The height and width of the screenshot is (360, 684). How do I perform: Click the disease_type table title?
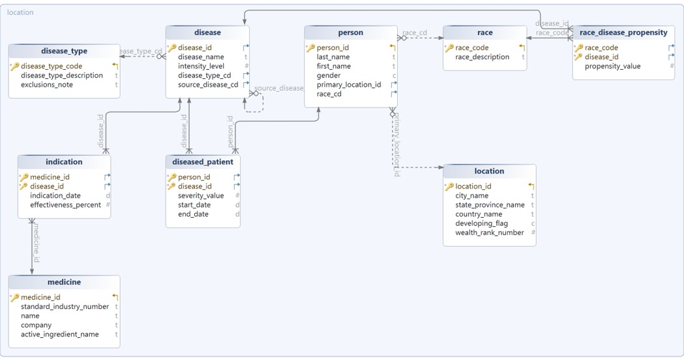[64, 51]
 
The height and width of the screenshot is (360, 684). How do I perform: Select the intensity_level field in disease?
[201, 66]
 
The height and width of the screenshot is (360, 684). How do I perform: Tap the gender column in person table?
[329, 76]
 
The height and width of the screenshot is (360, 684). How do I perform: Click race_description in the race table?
[482, 57]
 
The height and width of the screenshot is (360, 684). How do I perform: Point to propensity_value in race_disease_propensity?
[612, 66]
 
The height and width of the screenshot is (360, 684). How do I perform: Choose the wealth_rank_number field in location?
[489, 232]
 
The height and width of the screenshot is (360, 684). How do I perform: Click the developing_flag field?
[481, 223]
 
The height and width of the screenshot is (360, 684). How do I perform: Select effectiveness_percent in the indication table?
[65, 205]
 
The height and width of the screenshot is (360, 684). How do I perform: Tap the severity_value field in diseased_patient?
[201, 196]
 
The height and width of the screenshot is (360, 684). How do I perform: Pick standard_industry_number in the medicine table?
[65, 307]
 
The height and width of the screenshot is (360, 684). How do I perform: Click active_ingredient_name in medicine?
[60, 334]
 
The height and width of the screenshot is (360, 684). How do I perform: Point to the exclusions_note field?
[47, 85]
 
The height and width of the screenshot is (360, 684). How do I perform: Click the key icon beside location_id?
[449, 187]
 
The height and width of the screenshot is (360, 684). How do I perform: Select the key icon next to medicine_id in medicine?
[15, 297]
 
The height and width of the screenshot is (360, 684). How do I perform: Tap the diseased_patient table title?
[203, 162]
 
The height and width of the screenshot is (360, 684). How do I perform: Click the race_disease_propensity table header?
[623, 33]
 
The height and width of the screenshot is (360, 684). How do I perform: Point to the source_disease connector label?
[279, 88]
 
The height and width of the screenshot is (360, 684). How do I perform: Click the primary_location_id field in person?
[349, 85]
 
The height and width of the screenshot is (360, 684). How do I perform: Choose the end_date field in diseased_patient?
[193, 214]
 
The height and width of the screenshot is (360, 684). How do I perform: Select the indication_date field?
[55, 196]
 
